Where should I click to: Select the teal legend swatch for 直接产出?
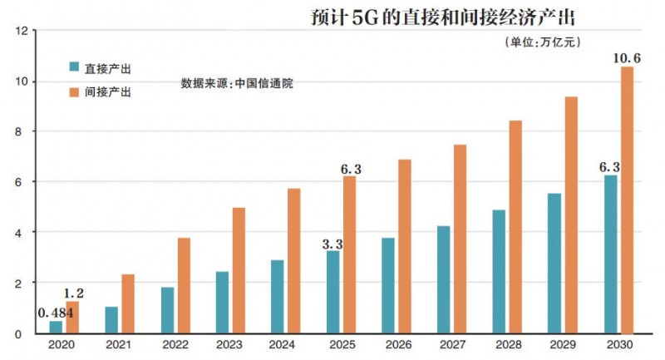75,67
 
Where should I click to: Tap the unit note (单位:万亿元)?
542,42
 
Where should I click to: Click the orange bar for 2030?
627,200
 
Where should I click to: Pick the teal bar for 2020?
57,327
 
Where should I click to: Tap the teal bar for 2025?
332,292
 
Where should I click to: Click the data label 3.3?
333,244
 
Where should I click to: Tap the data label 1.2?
74,294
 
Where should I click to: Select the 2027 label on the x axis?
452,344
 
